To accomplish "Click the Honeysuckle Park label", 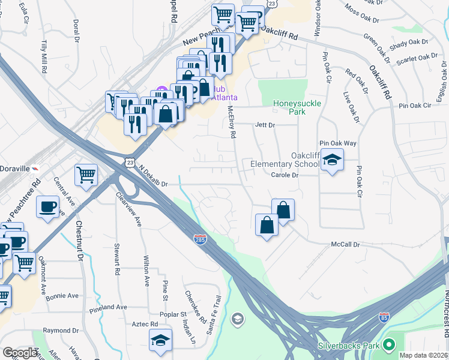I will point(297,107).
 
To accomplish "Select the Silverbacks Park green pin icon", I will point(389,344).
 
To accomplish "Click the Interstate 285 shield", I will point(200,239).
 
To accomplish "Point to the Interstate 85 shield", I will point(384,316).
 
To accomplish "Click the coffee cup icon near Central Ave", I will point(47,206).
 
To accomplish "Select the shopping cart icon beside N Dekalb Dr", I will point(86,175).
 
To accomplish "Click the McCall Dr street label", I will point(345,245).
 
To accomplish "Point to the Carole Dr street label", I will point(285,175).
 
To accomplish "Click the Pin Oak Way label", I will point(338,143).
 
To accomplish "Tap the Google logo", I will point(20,353).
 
